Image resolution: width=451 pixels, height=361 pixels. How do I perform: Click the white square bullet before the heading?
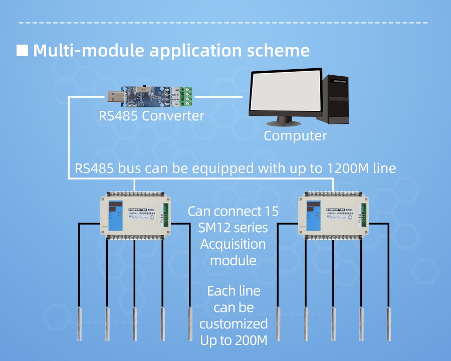[22, 50]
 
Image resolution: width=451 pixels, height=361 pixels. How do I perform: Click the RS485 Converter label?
[151, 116]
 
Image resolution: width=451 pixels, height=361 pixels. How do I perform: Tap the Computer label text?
[295, 135]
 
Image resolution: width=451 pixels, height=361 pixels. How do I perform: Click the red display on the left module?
[116, 206]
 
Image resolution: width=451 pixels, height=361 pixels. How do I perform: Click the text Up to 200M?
[233, 340]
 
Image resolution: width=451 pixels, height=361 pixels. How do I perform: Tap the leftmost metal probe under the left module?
[79, 323]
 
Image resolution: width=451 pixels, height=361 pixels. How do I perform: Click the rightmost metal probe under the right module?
[388, 323]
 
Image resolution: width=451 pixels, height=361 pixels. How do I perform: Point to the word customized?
[233, 323]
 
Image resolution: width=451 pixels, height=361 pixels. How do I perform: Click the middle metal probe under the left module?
[135, 323]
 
